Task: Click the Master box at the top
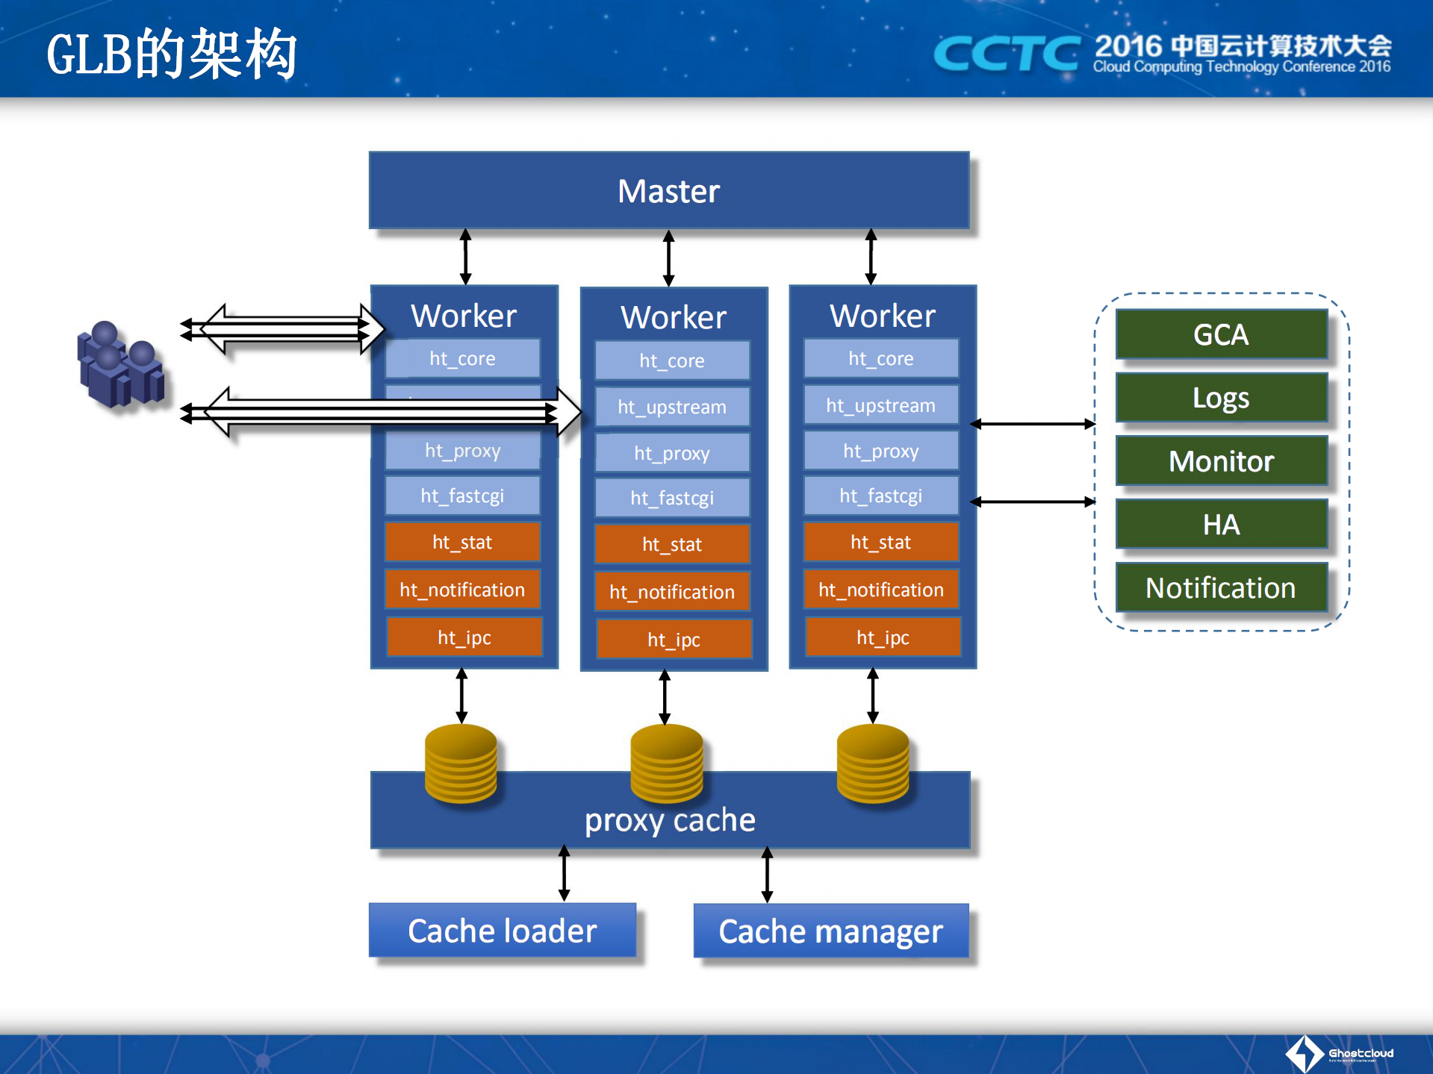(668, 191)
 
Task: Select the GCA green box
(1220, 334)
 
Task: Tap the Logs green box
(1220, 398)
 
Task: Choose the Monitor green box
(1220, 461)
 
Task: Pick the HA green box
(1220, 525)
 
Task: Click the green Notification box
(1220, 588)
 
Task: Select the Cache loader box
(502, 931)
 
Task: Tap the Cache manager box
(830, 931)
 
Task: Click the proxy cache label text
(670, 820)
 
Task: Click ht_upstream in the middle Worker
(671, 407)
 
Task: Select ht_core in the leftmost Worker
(462, 359)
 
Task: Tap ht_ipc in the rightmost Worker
(882, 637)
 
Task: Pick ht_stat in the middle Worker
(671, 544)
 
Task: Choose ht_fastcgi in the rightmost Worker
(880, 496)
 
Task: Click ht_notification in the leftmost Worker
(462, 590)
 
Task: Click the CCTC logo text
(1006, 54)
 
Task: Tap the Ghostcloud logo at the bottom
(1340, 1053)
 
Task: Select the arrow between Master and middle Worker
(668, 258)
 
